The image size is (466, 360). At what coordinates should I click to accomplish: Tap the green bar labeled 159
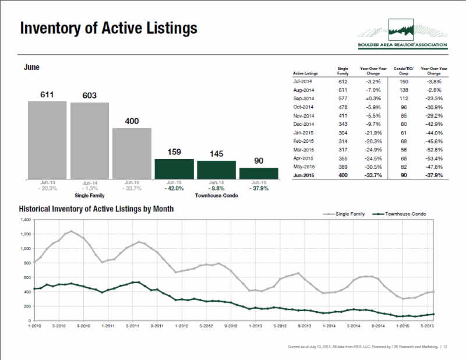point(174,168)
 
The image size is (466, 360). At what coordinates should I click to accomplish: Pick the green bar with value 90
point(258,173)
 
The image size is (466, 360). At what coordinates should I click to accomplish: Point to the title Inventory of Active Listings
point(108,29)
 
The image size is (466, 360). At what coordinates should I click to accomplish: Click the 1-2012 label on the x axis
point(182,326)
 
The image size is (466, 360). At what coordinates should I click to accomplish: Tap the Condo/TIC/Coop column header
point(404,71)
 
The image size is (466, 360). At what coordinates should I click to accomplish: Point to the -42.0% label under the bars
point(174,188)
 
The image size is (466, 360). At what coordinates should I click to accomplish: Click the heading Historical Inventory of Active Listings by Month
point(96,208)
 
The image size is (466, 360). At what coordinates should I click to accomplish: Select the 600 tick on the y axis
point(26,278)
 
